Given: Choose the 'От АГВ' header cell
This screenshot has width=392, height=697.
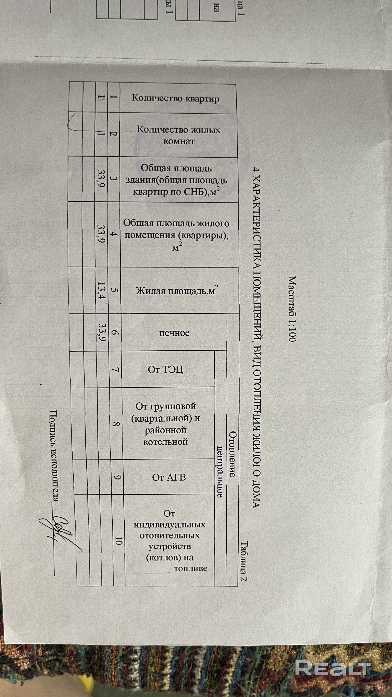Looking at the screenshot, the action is coord(169,477).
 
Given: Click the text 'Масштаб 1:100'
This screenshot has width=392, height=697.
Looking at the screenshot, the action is coord(292,308).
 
